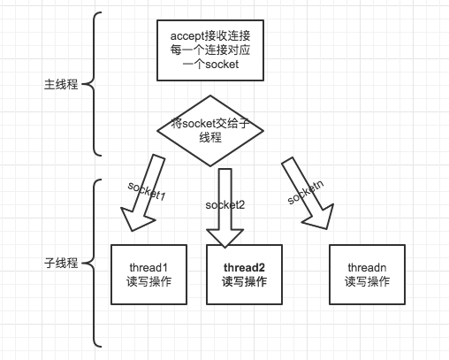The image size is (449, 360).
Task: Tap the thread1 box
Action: coord(148,274)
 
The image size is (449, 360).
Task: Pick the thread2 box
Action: coord(244,274)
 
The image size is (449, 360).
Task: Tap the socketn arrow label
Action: coord(305,189)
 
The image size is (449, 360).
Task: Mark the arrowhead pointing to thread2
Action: coord(224,234)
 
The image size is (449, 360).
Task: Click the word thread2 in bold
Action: coord(244,266)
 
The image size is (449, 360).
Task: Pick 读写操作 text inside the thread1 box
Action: coord(148,282)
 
